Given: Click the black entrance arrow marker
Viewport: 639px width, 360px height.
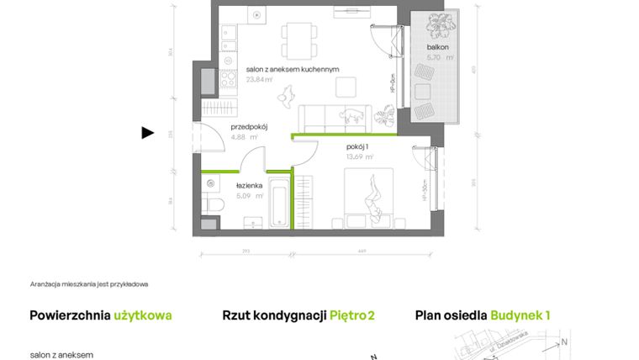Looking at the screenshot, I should (148, 132).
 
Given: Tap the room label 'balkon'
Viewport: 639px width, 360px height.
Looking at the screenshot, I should (436, 48).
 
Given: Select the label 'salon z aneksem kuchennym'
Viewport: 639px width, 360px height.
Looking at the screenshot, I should (292, 70).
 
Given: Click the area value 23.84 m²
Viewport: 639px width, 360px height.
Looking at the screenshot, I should (260, 80).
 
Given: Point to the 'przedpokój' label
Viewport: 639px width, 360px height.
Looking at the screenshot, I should (249, 127).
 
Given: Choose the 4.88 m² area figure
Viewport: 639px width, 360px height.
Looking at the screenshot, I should (245, 136).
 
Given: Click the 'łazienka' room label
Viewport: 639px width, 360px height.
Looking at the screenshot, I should (251, 186).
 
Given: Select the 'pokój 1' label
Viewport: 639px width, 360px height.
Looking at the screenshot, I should (358, 146).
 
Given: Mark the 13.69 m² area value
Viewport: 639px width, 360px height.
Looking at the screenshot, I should (360, 156).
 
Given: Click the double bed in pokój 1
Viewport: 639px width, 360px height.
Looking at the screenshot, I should (370, 197).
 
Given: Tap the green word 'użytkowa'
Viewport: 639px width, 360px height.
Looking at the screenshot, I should (143, 315).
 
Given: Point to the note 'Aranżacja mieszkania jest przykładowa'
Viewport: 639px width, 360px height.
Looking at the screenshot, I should (88, 284).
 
